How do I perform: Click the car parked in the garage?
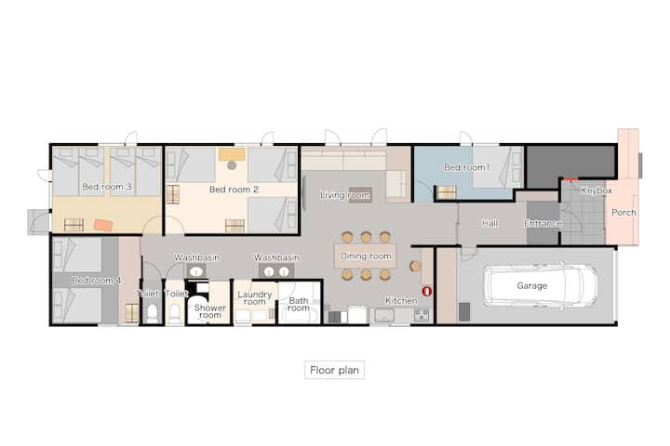[541, 285]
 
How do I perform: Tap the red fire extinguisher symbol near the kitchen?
[426, 291]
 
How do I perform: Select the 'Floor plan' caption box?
[334, 370]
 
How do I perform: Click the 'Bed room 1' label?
[466, 167]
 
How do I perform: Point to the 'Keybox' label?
[596, 190]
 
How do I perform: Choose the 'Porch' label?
[623, 212]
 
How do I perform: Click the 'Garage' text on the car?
[532, 285]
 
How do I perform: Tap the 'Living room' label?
[344, 195]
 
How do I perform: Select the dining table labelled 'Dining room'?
[366, 256]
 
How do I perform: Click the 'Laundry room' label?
[255, 298]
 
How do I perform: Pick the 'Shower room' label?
[209, 311]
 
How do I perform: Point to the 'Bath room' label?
[299, 304]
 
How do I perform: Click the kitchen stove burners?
[422, 315]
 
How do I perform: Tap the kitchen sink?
[384, 315]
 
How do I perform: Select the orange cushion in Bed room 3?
[103, 225]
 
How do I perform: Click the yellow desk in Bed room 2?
[232, 154]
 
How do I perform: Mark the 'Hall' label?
[489, 223]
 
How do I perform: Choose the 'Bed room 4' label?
[96, 281]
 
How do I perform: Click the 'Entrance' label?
[543, 223]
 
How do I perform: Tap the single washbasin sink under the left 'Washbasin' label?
[196, 271]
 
